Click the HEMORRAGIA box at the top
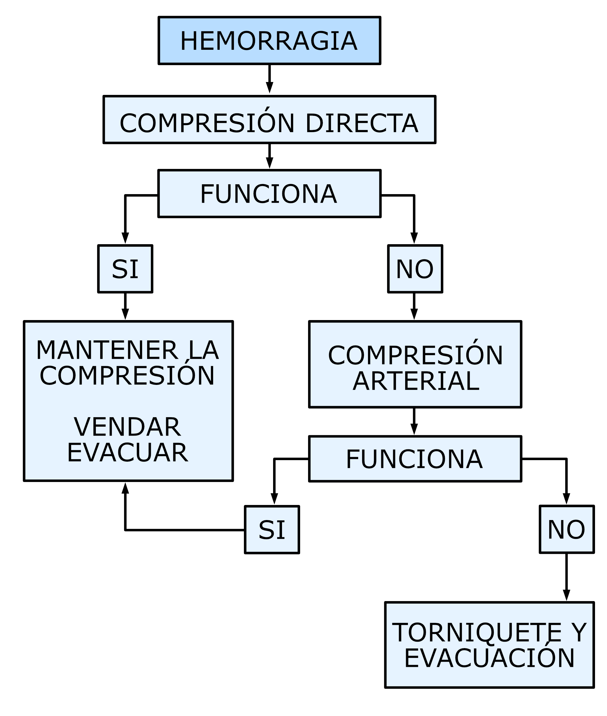pos(269,41)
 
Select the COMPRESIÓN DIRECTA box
pos(269,120)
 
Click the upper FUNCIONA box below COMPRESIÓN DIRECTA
pos(269,194)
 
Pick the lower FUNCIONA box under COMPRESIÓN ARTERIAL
pos(415,459)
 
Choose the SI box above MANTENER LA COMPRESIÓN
pos(125,269)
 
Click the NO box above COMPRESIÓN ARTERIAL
pos(415,269)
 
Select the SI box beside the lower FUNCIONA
pos(272,530)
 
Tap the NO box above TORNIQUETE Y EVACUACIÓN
pos(566,530)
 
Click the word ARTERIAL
pos(416,381)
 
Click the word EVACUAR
pos(127,453)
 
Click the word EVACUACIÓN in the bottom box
pos(489,658)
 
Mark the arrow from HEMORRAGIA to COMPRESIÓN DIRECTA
pos(269,79)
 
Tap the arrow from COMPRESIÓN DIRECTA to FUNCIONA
pos(269,157)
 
